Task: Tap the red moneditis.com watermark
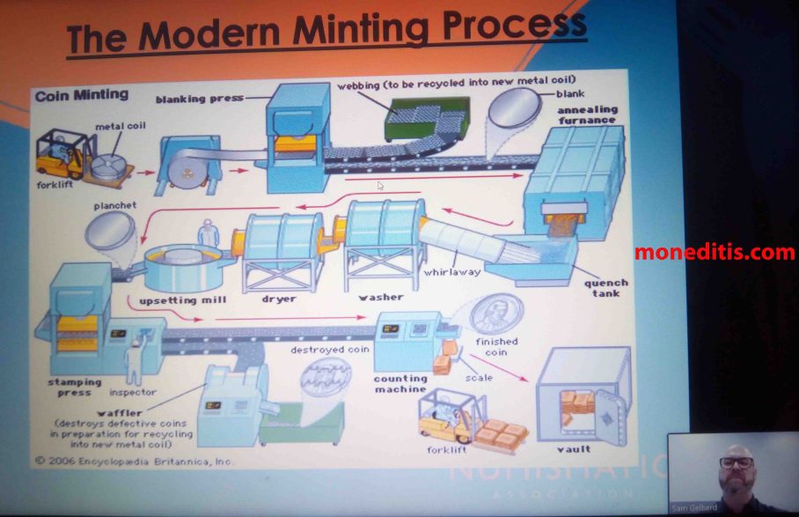pyautogui.click(x=714, y=253)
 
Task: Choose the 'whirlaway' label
pyautogui.click(x=451, y=272)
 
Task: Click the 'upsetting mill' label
pyautogui.click(x=176, y=299)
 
